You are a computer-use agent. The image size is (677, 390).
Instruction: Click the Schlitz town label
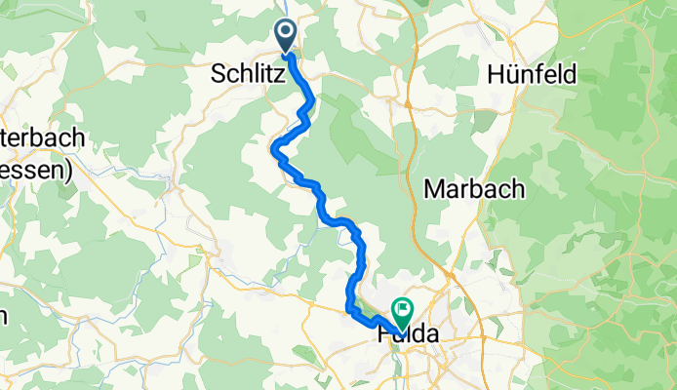click(243, 74)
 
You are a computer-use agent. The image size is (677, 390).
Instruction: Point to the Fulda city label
click(408, 334)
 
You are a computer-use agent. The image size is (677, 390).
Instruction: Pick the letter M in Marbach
click(435, 190)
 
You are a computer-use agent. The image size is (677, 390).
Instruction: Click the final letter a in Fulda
click(430, 334)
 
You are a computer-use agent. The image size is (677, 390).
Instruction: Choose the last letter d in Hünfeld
click(571, 74)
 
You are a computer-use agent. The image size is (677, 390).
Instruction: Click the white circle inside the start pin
click(286, 31)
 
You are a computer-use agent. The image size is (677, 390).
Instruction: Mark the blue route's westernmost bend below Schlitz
click(274, 148)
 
